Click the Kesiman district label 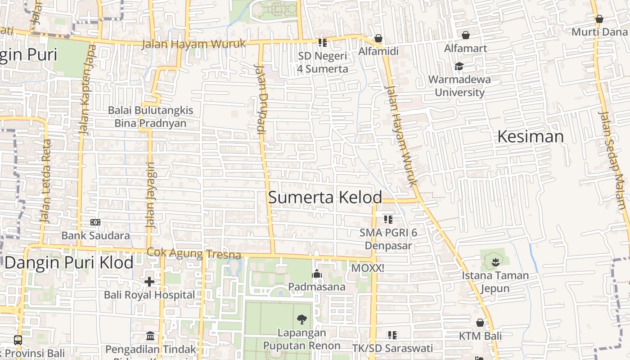click(530, 136)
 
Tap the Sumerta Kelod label click(325, 197)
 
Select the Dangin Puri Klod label click(69, 262)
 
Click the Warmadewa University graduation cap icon click(459, 67)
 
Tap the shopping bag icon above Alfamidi click(378, 39)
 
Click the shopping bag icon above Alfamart click(466, 35)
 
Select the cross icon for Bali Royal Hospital click(149, 282)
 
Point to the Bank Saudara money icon click(95, 222)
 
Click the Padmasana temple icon click(317, 274)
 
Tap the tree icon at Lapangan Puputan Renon click(302, 319)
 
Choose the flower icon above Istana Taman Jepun click(495, 261)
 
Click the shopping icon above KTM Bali click(480, 323)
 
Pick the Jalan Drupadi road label click(261, 99)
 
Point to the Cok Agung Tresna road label click(194, 254)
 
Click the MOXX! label click(368, 268)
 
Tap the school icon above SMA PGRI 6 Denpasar click(388, 220)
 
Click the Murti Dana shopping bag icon click(599, 19)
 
